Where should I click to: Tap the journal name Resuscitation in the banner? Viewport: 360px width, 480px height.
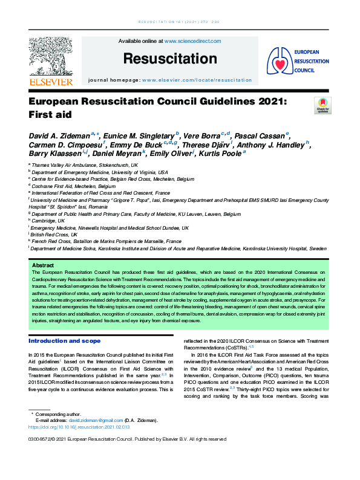pyautogui.click(x=169, y=59)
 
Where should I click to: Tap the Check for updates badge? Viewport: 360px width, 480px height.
pyautogui.click(x=322, y=105)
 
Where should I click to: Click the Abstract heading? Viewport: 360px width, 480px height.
pyautogui.click(x=42, y=265)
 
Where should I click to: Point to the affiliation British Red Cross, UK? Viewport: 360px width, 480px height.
pyautogui.click(x=55, y=234)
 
